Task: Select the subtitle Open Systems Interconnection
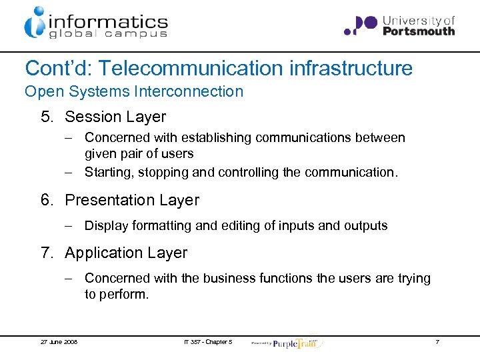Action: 134,91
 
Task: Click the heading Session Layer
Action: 115,117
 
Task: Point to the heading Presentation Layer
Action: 131,200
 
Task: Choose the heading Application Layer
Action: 126,253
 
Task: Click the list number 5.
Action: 45,117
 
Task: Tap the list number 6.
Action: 45,200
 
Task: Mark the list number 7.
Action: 45,253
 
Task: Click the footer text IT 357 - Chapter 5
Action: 208,342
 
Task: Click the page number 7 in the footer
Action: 437,342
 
